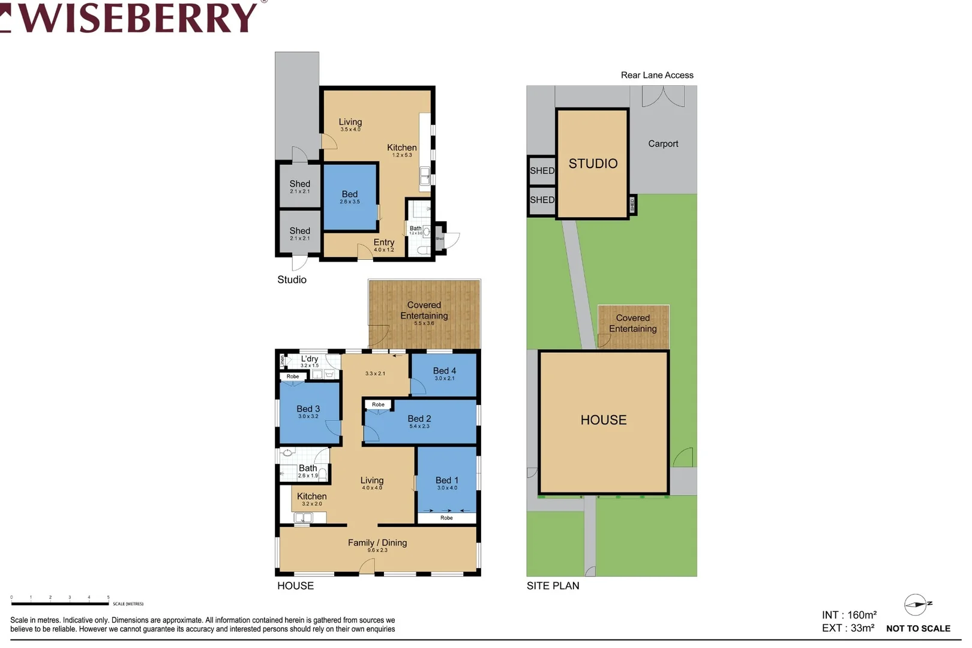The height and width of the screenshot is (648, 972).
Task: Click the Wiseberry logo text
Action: pyautogui.click(x=135, y=18)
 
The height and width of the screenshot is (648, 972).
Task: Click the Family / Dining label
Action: pyautogui.click(x=377, y=544)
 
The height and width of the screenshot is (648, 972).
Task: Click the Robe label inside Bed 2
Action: pyautogui.click(x=378, y=405)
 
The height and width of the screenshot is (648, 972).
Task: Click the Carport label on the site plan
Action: pyautogui.click(x=663, y=144)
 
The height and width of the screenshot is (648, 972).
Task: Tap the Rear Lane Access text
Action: pyautogui.click(x=657, y=75)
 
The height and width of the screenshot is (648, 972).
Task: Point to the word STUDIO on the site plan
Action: pyautogui.click(x=593, y=164)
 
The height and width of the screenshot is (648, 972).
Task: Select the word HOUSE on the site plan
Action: pyautogui.click(x=604, y=420)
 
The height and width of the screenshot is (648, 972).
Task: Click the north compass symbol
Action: pyautogui.click(x=916, y=604)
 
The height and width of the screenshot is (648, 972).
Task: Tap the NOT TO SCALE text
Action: pyautogui.click(x=918, y=629)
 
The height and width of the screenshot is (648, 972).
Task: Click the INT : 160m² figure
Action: pyautogui.click(x=849, y=615)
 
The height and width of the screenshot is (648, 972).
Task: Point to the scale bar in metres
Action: pyautogui.click(x=60, y=603)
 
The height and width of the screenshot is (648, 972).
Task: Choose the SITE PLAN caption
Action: pyautogui.click(x=553, y=586)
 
